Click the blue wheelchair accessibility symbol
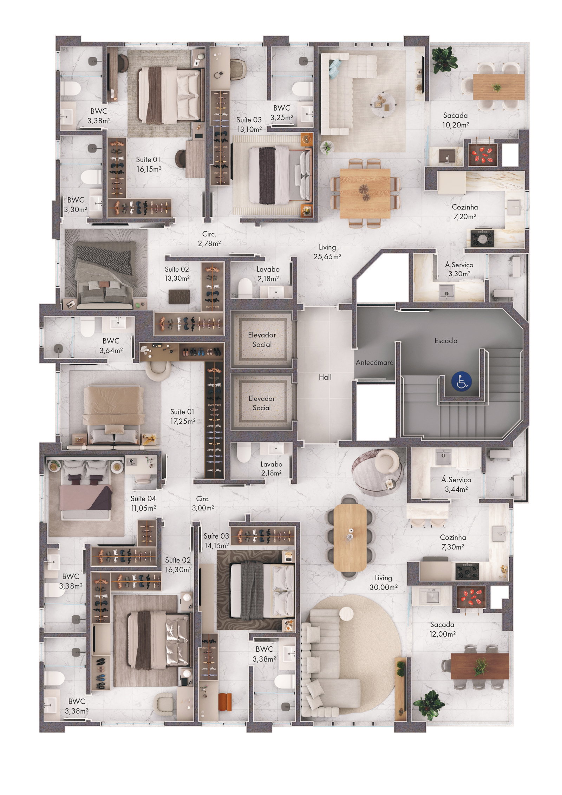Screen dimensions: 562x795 coord(462,382)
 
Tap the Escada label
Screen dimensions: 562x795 coord(446,340)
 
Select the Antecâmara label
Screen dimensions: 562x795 coord(374,363)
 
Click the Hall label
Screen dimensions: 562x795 coord(325,377)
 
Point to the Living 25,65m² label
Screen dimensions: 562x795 coord(327,252)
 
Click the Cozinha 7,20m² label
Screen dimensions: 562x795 coord(465,212)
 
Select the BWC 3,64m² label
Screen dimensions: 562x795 coord(111,345)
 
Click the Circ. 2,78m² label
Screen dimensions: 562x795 coord(209,239)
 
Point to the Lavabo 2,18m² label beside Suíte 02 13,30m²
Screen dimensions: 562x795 coord(268,274)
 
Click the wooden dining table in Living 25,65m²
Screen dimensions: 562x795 coord(365,193)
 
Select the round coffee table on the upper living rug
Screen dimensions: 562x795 coord(383,103)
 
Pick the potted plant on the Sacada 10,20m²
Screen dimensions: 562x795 coord(445,60)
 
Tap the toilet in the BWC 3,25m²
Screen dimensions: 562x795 coord(302,89)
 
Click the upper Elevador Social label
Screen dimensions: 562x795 coord(262,339)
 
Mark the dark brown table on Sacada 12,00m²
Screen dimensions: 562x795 coord(479,666)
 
